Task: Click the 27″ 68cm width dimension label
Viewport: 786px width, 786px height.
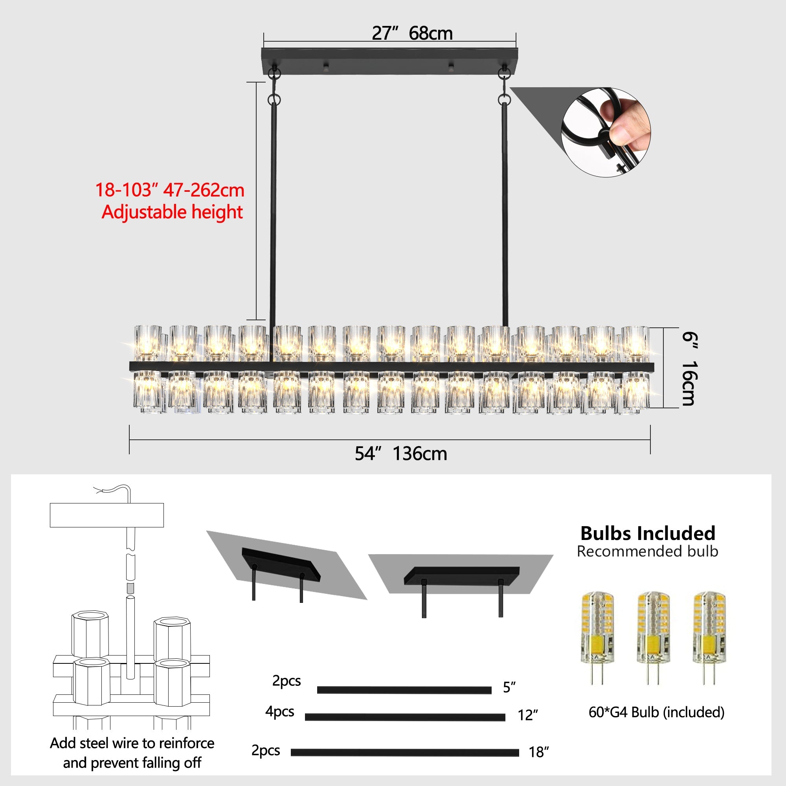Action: [x=412, y=33]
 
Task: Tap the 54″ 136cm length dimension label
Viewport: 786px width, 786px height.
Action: [x=401, y=454]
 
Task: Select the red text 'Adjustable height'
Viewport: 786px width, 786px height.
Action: [x=172, y=212]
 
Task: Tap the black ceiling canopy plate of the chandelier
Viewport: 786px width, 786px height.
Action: [x=390, y=61]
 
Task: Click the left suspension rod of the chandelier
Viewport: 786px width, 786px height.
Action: [x=273, y=211]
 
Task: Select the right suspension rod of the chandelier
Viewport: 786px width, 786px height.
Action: [x=505, y=211]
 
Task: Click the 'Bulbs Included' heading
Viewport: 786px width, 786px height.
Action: [x=648, y=533]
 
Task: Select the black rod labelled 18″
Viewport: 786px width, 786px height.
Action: [x=405, y=752]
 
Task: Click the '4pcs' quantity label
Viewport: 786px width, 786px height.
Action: [x=279, y=711]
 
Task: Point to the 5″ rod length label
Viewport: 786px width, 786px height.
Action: [x=509, y=687]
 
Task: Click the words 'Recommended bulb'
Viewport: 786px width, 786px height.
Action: [x=647, y=552]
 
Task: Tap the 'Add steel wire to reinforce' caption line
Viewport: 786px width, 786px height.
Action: [x=132, y=743]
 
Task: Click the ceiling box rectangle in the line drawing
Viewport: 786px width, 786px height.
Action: [x=107, y=515]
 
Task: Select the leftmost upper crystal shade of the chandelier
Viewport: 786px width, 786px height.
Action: [x=148, y=343]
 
